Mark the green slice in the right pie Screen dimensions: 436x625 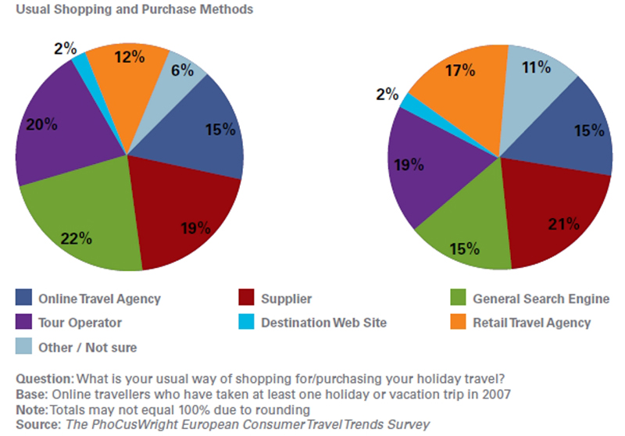462,238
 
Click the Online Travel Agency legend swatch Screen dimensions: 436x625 24,298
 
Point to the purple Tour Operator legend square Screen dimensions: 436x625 24,321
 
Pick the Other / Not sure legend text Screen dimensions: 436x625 83,346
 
